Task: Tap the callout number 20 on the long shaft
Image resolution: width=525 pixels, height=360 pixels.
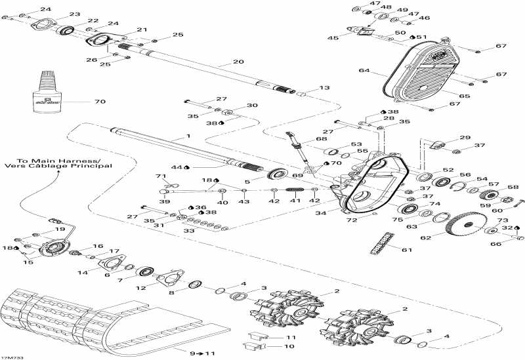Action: [x=238, y=62]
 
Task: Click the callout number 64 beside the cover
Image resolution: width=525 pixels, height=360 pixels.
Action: [x=364, y=70]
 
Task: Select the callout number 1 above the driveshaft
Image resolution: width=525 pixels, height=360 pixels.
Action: [x=188, y=135]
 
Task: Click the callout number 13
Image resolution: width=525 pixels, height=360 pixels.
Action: [x=324, y=88]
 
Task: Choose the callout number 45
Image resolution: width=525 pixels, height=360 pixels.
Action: [x=334, y=37]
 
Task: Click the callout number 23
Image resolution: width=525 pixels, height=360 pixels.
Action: [x=74, y=14]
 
